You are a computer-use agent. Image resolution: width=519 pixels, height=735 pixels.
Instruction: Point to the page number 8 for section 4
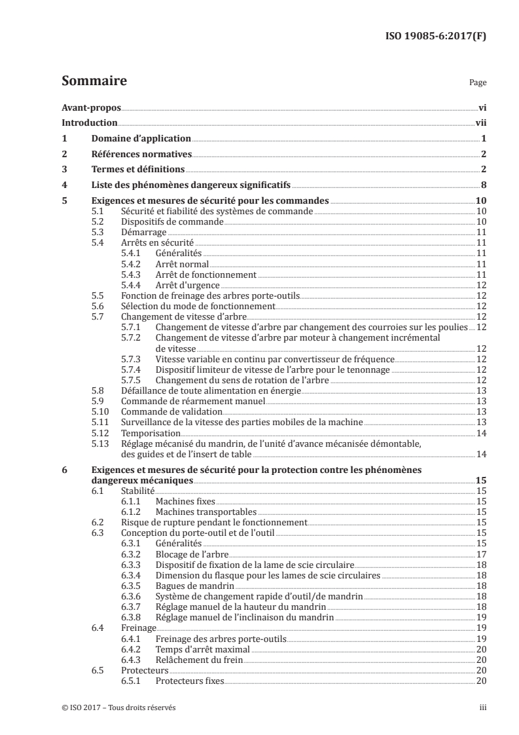(482, 185)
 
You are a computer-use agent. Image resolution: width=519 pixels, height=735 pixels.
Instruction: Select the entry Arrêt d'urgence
(187, 286)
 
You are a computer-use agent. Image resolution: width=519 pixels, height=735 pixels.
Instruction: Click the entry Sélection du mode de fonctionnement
(198, 306)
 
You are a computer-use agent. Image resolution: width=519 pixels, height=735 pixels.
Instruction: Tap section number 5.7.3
(132, 359)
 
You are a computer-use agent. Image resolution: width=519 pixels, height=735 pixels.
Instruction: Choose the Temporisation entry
(150, 433)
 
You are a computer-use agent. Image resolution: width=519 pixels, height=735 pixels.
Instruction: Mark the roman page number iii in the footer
(482, 707)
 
